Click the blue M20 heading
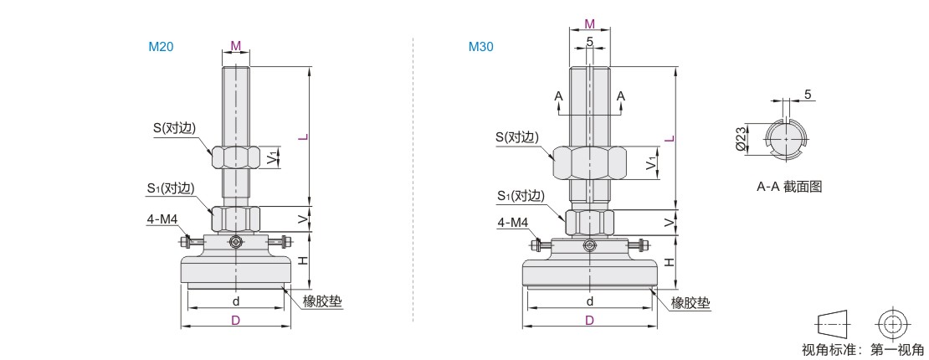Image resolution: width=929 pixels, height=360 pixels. (x=161, y=47)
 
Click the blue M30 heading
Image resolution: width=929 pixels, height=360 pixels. (x=480, y=47)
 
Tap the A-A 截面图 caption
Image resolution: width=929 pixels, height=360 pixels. (x=789, y=187)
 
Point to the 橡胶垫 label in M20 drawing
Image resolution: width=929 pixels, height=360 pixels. (x=322, y=301)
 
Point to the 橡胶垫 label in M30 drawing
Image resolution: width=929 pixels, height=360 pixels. (x=690, y=304)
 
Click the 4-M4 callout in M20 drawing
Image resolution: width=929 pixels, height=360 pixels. (x=162, y=220)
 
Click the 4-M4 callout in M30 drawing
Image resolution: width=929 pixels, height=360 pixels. (x=512, y=223)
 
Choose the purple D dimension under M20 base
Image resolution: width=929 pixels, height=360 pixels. (x=235, y=321)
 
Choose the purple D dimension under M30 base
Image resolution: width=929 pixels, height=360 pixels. (x=589, y=321)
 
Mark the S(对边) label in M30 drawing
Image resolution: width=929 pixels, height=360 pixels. (x=518, y=137)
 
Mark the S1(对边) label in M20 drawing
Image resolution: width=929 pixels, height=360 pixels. (x=172, y=188)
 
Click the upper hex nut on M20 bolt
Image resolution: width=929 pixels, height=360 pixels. (x=236, y=157)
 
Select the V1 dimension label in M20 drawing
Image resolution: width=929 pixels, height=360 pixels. (x=271, y=159)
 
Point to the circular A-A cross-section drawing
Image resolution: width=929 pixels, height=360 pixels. (x=786, y=139)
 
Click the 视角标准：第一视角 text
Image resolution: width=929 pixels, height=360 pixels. (x=862, y=350)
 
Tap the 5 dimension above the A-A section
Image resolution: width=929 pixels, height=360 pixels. (x=808, y=95)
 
